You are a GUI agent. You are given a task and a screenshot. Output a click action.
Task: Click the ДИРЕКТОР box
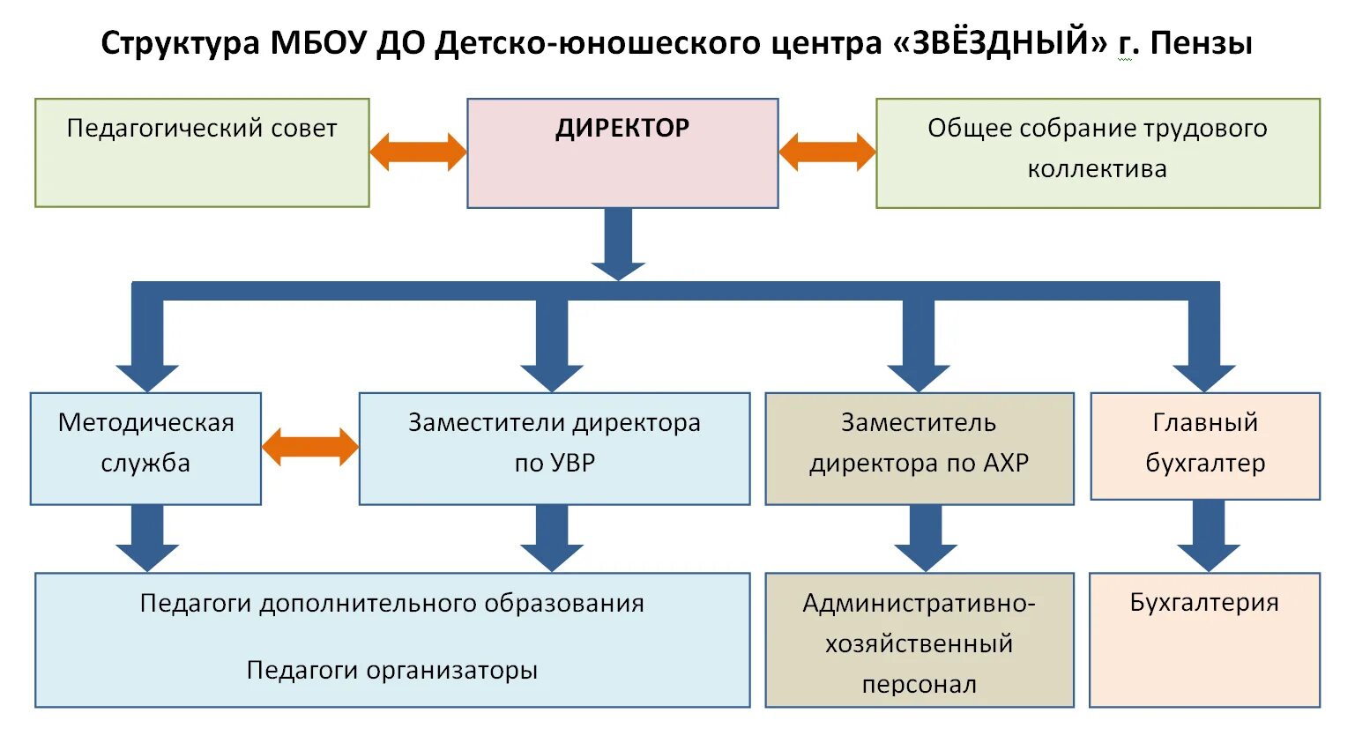(622, 153)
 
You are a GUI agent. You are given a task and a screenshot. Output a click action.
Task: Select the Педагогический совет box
(202, 153)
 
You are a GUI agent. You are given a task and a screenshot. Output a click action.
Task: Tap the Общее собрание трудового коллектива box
(1098, 153)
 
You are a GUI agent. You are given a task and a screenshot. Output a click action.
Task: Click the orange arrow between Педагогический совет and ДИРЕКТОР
(418, 152)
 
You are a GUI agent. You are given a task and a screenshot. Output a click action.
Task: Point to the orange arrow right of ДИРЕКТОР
(827, 152)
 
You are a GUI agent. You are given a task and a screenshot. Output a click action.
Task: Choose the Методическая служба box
(145, 449)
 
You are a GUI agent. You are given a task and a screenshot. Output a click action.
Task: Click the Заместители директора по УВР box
(555, 449)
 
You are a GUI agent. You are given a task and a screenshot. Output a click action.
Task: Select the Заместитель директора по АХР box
(919, 449)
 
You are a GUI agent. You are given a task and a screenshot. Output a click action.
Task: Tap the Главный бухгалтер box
(1205, 446)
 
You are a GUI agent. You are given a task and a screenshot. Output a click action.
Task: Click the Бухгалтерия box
(1204, 640)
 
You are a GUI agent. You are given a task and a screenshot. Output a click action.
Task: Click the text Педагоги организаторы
(392, 671)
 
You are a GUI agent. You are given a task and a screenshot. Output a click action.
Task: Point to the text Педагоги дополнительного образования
(392, 604)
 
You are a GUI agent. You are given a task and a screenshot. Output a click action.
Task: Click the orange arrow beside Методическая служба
(310, 447)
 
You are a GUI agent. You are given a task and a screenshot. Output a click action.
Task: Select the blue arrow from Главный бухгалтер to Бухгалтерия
(1208, 536)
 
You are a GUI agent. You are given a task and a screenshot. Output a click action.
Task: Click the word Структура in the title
(180, 42)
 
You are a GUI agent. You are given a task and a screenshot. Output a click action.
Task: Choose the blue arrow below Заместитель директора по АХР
(926, 538)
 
